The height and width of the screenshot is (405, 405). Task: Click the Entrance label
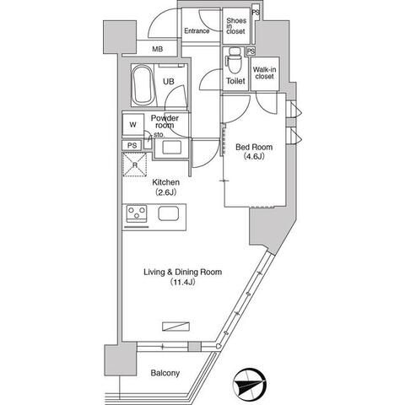[x=197, y=31]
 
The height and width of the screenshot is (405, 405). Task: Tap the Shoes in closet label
[x=236, y=26]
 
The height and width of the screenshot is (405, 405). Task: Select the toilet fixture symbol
[x=234, y=60]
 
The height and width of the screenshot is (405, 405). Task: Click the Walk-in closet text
[x=264, y=73]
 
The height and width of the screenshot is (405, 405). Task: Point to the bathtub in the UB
[x=143, y=84]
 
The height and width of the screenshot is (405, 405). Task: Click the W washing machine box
[x=133, y=125]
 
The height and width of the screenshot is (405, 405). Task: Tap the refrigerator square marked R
[x=135, y=165]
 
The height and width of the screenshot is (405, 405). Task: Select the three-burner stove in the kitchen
[x=137, y=212]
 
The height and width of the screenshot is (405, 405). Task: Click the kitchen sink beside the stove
[x=168, y=213]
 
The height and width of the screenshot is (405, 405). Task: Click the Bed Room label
[x=254, y=147]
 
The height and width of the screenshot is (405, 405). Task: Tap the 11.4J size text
[x=182, y=283]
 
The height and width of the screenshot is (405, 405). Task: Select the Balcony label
[x=165, y=373]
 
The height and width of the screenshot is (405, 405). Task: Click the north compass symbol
[x=251, y=384]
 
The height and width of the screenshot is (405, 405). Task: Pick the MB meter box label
[x=157, y=49]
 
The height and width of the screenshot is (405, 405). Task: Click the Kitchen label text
[x=165, y=182]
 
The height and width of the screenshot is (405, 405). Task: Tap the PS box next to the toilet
[x=251, y=51]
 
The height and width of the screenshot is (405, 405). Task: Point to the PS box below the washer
[x=132, y=145]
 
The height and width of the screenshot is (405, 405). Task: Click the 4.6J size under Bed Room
[x=254, y=156]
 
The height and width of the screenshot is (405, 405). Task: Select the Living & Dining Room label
[x=183, y=272]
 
